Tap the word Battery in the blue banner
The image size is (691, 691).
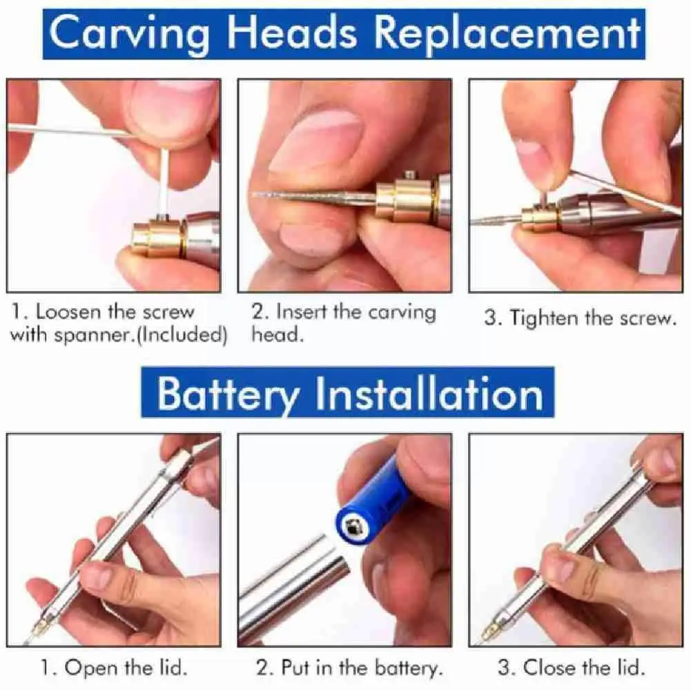point(228,393)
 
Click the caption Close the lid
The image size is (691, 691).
point(571,668)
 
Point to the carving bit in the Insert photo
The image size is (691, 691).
point(311,197)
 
